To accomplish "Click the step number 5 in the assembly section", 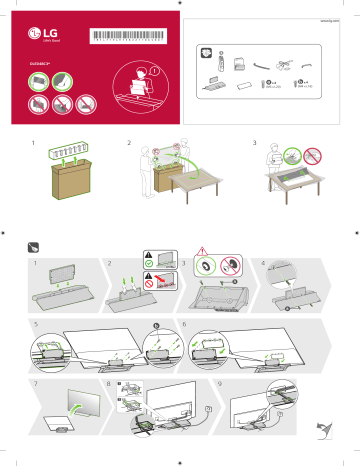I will coord(33,325).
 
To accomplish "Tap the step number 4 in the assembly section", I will coord(262,264).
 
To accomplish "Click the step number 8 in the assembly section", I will coord(109,384).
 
